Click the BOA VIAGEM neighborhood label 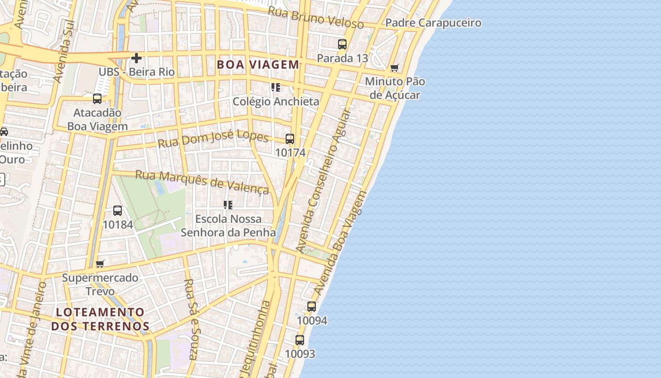(x=258, y=65)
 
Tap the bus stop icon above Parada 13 (x=342, y=44)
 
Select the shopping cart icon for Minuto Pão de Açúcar (x=395, y=68)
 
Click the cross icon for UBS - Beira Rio (x=136, y=58)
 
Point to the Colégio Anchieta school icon (x=276, y=87)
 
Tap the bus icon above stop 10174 (x=290, y=139)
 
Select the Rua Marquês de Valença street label (x=202, y=182)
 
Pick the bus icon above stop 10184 (x=118, y=211)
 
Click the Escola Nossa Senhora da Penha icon (x=228, y=205)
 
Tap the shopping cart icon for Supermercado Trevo (x=100, y=264)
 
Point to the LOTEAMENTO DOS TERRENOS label (x=100, y=319)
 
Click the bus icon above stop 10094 (x=312, y=307)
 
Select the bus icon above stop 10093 (x=300, y=340)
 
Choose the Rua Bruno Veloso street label (x=316, y=18)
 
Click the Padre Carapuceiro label (x=433, y=23)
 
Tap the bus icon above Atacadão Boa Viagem (x=97, y=99)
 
